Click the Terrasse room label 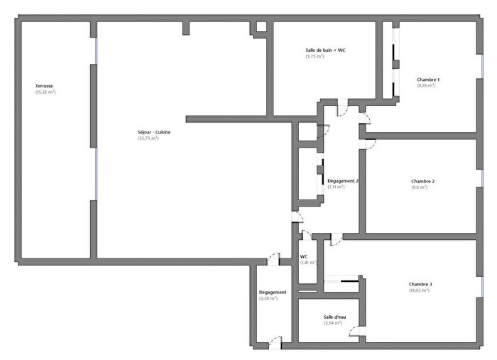[x=45, y=86]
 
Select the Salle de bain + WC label [x=325, y=50]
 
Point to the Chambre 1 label [x=428, y=80]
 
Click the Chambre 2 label [x=422, y=181]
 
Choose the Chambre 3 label [x=420, y=284]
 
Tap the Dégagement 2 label [x=342, y=181]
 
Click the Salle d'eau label [x=332, y=317]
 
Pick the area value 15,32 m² [x=45, y=92]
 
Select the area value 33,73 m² [x=148, y=138]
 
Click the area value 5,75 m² [x=315, y=57]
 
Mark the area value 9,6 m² [x=419, y=187]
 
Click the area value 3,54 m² [x=332, y=323]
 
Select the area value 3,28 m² [x=268, y=298]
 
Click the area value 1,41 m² [x=307, y=263]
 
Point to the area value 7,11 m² [x=336, y=187]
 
